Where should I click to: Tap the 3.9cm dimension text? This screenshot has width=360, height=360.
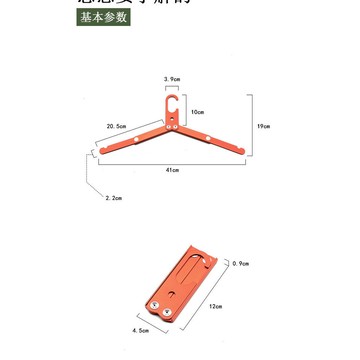[172, 76]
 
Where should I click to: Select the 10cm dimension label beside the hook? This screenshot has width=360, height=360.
[198, 111]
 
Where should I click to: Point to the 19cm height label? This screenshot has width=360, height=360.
[261, 127]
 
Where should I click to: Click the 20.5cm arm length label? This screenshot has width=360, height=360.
[115, 126]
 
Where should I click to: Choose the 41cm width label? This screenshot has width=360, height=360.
[172, 171]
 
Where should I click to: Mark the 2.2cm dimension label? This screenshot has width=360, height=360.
[114, 198]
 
